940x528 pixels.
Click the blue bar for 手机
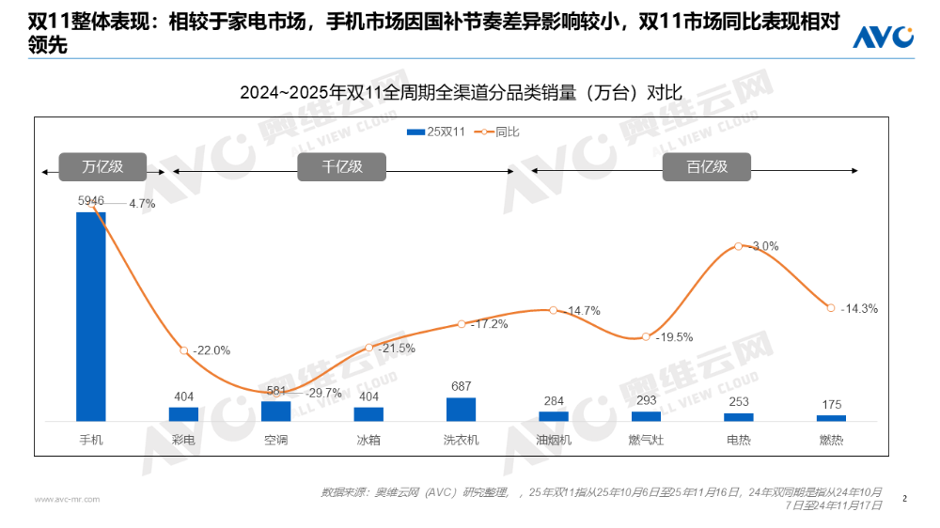pyautogui.click(x=91, y=316)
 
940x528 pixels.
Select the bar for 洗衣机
pyautogui.click(x=461, y=410)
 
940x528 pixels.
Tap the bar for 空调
pyautogui.click(x=275, y=412)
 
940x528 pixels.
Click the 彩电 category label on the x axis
pyautogui.click(x=183, y=440)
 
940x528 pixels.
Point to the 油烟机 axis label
pyautogui.click(x=554, y=440)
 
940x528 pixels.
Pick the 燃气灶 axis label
pyautogui.click(x=646, y=440)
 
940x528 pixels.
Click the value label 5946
pyautogui.click(x=91, y=201)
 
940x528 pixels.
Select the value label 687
pyautogui.click(x=461, y=386)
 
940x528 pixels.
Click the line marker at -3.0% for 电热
pyautogui.click(x=739, y=246)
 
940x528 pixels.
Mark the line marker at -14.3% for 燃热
pyautogui.click(x=830, y=307)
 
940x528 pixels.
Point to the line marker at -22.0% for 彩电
pyautogui.click(x=184, y=350)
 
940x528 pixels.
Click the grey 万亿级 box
pyautogui.click(x=103, y=167)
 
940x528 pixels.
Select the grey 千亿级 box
pyautogui.click(x=342, y=167)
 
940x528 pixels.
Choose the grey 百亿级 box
pyautogui.click(x=707, y=167)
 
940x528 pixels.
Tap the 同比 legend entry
pyautogui.click(x=497, y=132)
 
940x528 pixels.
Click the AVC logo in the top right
pyautogui.click(x=883, y=37)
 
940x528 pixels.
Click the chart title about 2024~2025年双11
pyautogui.click(x=461, y=92)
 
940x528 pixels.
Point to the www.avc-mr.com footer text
pyautogui.click(x=67, y=499)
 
